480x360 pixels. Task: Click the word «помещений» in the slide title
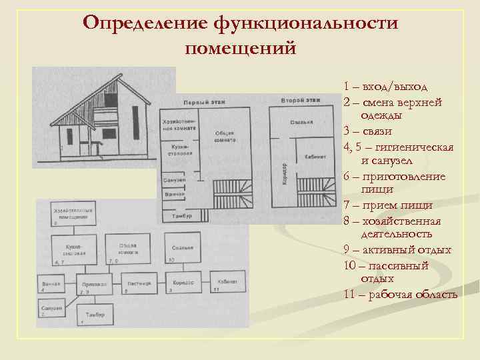[x=240, y=48]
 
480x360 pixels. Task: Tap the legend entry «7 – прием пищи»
[x=389, y=205]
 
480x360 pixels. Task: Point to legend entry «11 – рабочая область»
[x=401, y=294]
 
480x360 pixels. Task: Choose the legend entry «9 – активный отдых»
[x=398, y=250]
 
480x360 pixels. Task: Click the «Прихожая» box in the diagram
[x=92, y=283]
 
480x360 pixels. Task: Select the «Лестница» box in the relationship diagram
[x=136, y=283]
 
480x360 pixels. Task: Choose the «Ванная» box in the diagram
[x=52, y=283]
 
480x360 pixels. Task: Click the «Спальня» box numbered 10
[x=181, y=248]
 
